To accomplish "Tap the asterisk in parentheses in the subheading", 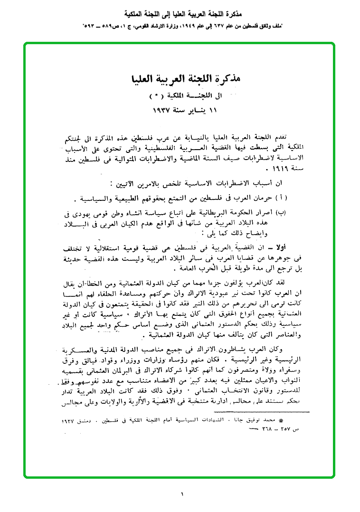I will tap(154, 96).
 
